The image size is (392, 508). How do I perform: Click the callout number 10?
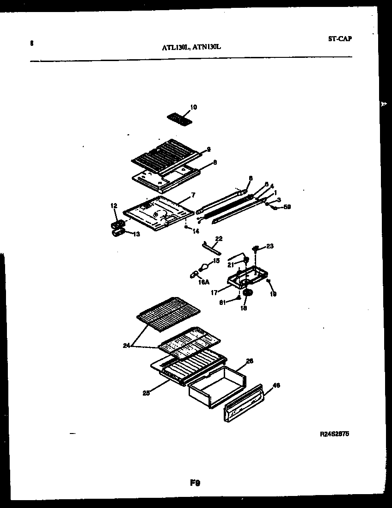pos(193,107)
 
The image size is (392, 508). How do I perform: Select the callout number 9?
pos(208,149)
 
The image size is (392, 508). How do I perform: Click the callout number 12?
pos(113,205)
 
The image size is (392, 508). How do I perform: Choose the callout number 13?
pos(136,235)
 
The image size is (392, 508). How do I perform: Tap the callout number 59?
pos(287,207)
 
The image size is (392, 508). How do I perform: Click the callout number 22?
pos(219,239)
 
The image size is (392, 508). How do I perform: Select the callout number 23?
pos(269,247)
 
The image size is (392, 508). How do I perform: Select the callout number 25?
pos(146,393)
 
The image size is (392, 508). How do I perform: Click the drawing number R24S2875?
pos(334,434)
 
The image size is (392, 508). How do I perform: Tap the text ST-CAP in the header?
pos(340,39)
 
